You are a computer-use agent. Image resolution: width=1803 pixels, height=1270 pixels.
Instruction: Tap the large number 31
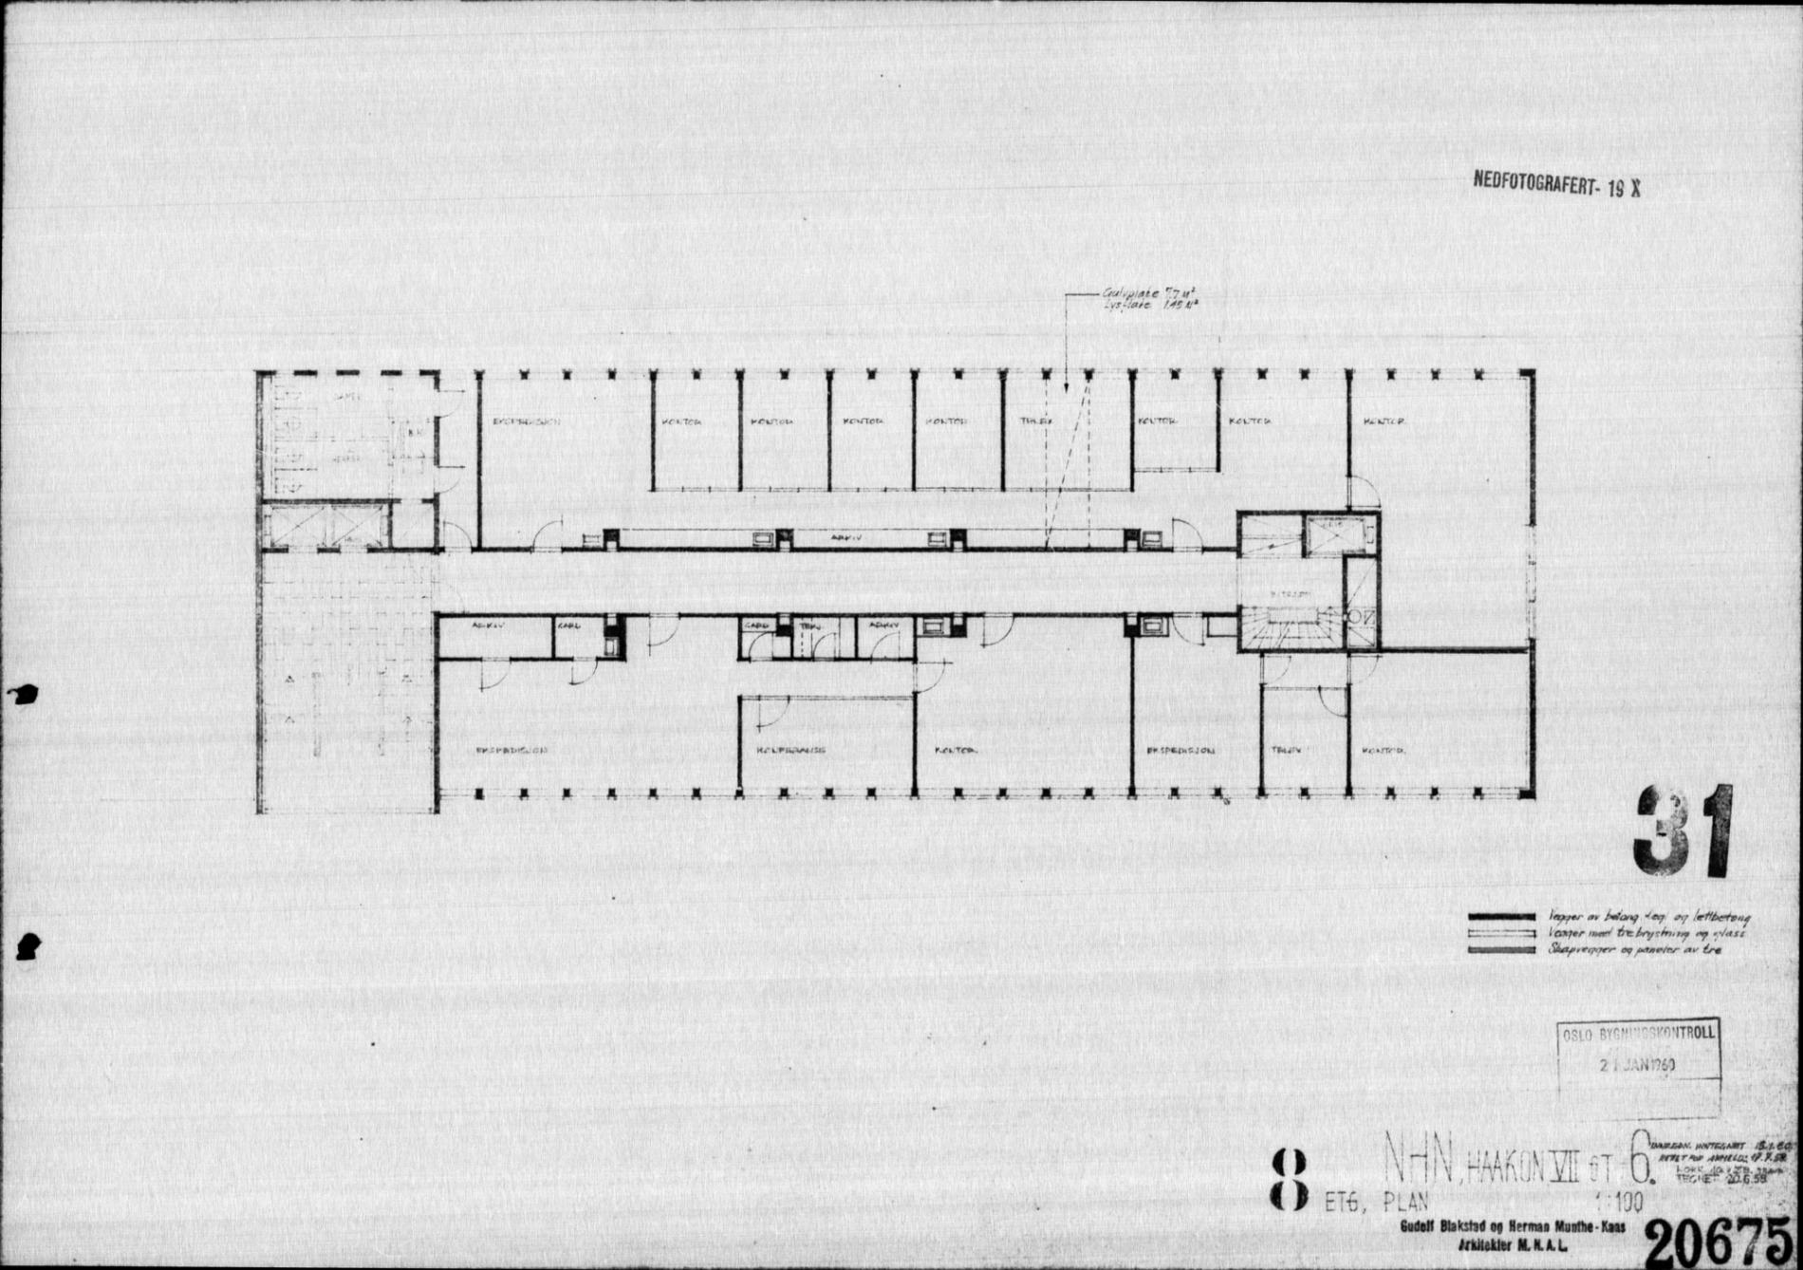pyautogui.click(x=1682, y=832)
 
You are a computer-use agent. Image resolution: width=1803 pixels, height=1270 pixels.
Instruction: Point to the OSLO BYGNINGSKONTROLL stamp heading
pyautogui.click(x=1639, y=1034)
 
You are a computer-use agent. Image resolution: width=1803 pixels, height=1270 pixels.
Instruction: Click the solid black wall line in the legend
pyautogui.click(x=1501, y=917)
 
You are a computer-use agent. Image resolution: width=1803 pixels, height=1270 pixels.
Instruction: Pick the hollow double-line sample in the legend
pyautogui.click(x=1501, y=933)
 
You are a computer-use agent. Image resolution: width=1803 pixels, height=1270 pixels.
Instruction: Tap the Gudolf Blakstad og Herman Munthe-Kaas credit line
pyautogui.click(x=1512, y=1227)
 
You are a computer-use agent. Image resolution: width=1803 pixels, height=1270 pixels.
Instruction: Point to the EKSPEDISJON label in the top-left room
pyautogui.click(x=527, y=421)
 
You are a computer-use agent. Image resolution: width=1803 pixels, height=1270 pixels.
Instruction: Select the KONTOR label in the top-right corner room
pyautogui.click(x=1384, y=421)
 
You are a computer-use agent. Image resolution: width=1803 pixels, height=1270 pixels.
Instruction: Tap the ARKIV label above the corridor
pyautogui.click(x=846, y=538)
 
